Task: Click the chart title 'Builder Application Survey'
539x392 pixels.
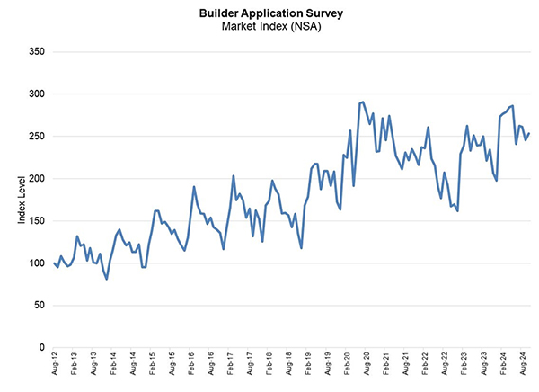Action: pyautogui.click(x=270, y=13)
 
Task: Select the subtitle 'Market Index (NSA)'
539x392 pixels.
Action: pyautogui.click(x=270, y=26)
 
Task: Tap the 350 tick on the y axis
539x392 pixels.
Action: pyautogui.click(x=35, y=51)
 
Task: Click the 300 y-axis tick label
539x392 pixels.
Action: pyautogui.click(x=35, y=94)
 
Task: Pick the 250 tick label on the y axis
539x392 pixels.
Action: pyautogui.click(x=35, y=136)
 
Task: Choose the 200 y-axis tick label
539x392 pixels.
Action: pyautogui.click(x=35, y=178)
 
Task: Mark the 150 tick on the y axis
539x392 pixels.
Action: pyautogui.click(x=35, y=220)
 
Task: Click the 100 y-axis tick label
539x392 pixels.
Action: pyautogui.click(x=35, y=263)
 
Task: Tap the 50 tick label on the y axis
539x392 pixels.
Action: pyautogui.click(x=38, y=305)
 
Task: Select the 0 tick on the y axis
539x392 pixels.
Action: pyautogui.click(x=40, y=347)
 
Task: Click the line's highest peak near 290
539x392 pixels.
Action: pyautogui.click(x=362, y=102)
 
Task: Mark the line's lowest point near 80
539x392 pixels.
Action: pyautogui.click(x=107, y=279)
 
